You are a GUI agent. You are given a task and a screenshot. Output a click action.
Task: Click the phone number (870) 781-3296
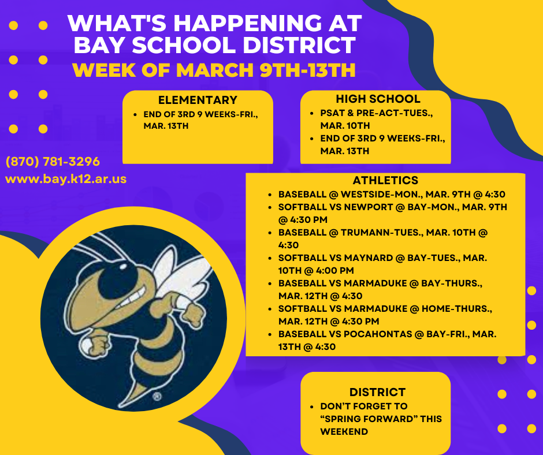pyautogui.click(x=53, y=161)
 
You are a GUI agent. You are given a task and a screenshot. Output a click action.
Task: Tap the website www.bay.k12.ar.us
pyautogui.click(x=66, y=179)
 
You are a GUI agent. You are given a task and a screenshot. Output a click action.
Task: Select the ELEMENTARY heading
pyautogui.click(x=198, y=100)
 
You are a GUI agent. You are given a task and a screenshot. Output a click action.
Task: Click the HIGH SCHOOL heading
pyautogui.click(x=378, y=99)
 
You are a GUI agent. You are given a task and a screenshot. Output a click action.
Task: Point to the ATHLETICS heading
pyautogui.click(x=385, y=181)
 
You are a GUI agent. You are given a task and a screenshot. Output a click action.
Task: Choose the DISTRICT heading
pyautogui.click(x=377, y=393)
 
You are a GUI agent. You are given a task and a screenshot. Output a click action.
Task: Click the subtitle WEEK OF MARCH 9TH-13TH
pyautogui.click(x=214, y=70)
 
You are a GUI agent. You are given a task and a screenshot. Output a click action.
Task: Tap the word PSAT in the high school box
pyautogui.click(x=332, y=114)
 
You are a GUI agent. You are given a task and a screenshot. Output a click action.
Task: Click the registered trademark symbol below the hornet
pyautogui.click(x=156, y=397)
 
